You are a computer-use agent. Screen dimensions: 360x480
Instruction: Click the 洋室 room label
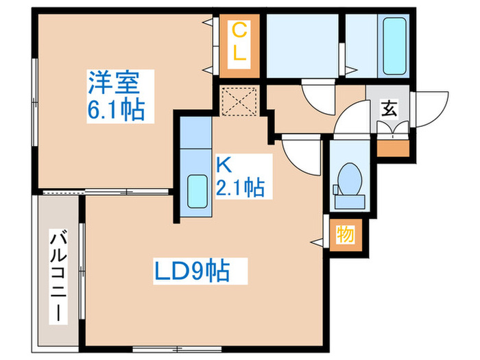point(114,84)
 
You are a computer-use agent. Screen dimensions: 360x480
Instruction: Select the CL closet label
point(239,43)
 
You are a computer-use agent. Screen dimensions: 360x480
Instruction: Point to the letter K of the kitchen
point(224,165)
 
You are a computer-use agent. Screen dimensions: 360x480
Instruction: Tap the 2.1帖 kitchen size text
point(240,186)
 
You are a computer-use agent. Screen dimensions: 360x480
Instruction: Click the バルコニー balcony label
point(58,277)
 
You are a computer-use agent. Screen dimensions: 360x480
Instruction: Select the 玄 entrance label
point(388,108)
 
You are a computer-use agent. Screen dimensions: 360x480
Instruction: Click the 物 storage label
point(344,235)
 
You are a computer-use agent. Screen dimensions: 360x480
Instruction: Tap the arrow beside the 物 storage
point(319,241)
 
